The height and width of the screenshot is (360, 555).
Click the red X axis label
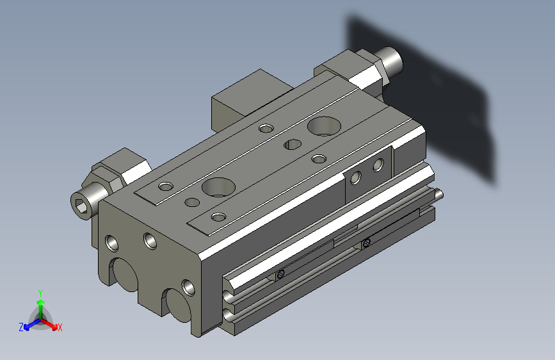(x=60, y=327)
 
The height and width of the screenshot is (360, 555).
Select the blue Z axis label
(x=21, y=327)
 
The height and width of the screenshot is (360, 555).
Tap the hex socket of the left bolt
(x=82, y=206)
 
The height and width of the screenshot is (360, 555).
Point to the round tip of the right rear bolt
(x=393, y=61)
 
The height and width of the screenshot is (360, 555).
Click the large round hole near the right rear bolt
(x=323, y=125)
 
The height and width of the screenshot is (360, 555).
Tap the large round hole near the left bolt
(x=218, y=187)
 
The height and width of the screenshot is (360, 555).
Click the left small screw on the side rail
(x=280, y=275)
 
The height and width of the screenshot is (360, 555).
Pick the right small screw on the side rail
(x=366, y=243)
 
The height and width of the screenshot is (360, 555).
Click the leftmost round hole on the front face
(x=112, y=243)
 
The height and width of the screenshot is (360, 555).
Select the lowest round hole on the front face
(x=188, y=286)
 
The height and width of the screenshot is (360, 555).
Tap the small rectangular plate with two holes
(x=368, y=172)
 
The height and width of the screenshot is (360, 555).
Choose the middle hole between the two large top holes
(x=293, y=143)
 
